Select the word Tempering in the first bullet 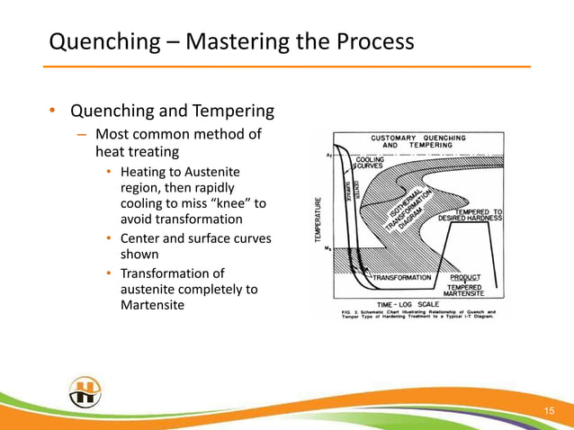232,112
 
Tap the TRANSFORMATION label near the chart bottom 401,278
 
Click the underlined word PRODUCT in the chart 472,278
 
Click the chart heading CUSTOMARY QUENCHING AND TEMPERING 418,140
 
